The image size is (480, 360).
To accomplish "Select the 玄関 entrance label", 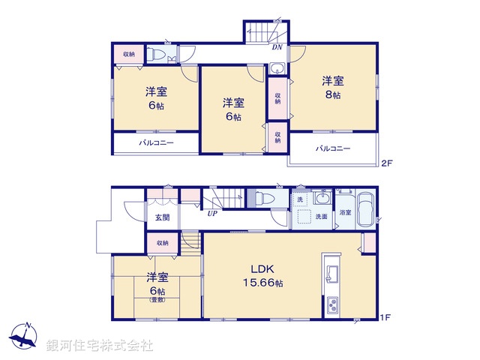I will pos(162,217).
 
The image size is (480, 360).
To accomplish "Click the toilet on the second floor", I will pos(155,54).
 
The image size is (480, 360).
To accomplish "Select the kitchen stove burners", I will pos(332,305).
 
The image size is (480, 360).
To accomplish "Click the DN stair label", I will pos(277,47).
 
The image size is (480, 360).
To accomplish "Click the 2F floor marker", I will pos(386,163).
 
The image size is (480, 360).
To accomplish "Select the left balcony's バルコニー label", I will pos(155,142).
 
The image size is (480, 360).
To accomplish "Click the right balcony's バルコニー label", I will pos(331,148).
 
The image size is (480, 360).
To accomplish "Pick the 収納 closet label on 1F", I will pos(163,243).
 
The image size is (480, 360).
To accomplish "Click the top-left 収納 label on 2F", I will pos(129,54).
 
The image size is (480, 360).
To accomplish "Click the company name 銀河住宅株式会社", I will pos(100,346).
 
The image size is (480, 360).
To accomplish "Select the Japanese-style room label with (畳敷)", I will pos(157,289).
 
